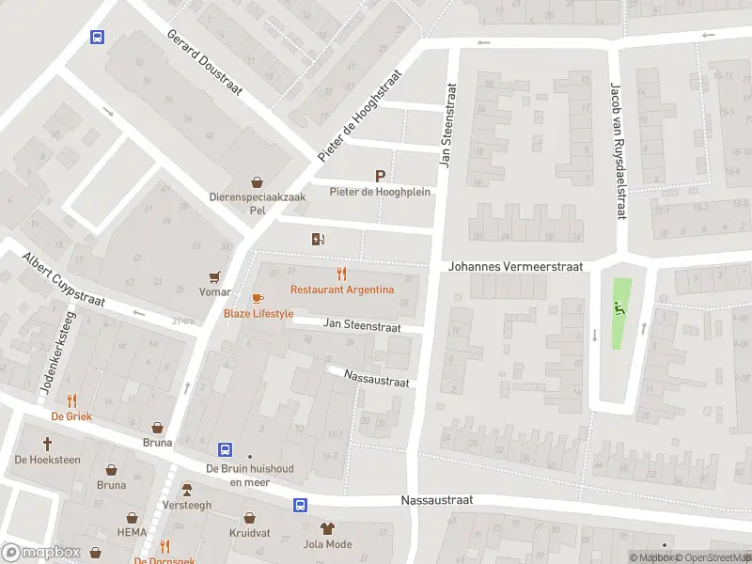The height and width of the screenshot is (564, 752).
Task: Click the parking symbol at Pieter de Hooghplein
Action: pos(380,176)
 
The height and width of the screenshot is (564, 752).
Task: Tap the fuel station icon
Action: pos(319,239)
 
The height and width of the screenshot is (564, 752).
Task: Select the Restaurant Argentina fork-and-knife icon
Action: pos(341,274)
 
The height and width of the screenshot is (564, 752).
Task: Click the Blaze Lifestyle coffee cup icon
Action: pos(258,298)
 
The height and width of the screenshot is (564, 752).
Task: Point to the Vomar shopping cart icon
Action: pos(215,277)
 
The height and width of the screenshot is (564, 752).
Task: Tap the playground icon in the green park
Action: pos(618,306)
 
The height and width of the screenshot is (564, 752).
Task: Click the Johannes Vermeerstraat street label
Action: pos(515,267)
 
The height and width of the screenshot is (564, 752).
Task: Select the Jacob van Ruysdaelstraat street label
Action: pos(618,151)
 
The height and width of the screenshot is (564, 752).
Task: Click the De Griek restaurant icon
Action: pos(71,399)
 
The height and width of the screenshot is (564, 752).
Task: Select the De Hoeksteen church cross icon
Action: pos(47,443)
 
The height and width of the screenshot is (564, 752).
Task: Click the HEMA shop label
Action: pos(132,533)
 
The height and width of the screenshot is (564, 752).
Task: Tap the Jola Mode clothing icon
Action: pos(327,528)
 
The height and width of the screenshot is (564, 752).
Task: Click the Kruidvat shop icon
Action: pos(250,517)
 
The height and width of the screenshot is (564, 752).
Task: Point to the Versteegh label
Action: pos(187,505)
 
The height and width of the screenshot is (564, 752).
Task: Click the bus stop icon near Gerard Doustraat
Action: pos(97,37)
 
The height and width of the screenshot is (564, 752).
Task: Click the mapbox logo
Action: pos(39,553)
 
